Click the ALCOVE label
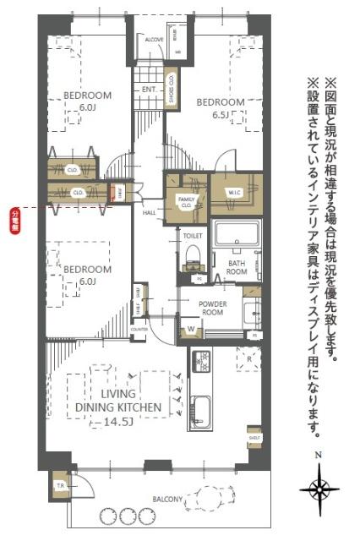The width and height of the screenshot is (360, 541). click(154, 40)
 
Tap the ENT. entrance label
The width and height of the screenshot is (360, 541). click(149, 89)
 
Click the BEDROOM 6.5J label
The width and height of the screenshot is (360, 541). click(221, 107)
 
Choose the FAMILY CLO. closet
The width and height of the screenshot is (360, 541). click(185, 201)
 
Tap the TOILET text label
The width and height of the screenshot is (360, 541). click(193, 237)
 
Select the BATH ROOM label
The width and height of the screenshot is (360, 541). click(236, 268)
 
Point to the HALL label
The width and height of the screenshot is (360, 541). click(149, 213)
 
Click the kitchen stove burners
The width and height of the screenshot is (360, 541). click(202, 362)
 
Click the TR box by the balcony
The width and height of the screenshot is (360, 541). click(60, 486)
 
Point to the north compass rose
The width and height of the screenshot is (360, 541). click(319, 489)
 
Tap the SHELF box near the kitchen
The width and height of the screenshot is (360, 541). click(253, 439)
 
